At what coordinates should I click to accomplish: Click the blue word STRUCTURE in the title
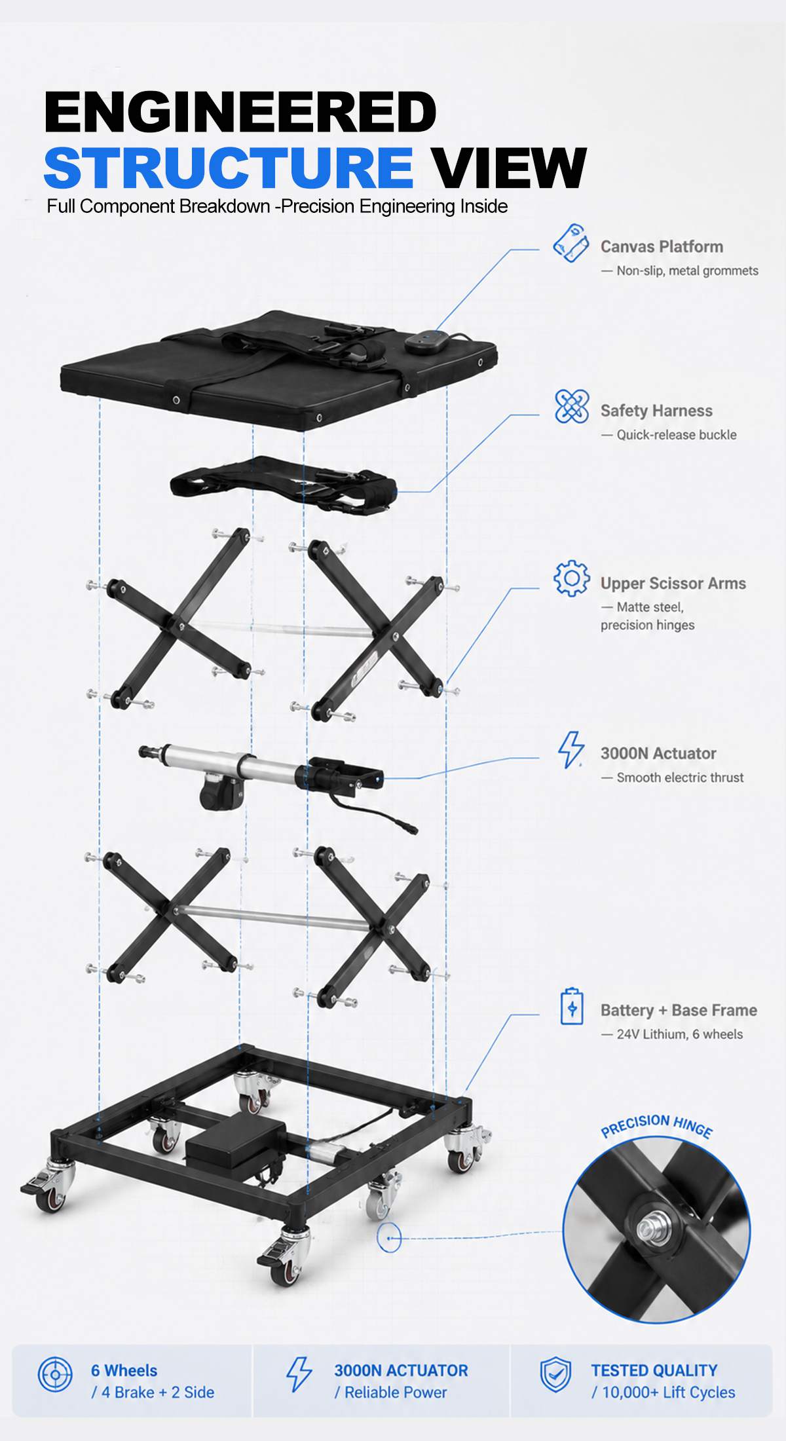click(x=228, y=167)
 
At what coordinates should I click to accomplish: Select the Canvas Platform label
click(x=662, y=247)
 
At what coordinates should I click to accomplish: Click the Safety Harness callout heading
click(x=656, y=411)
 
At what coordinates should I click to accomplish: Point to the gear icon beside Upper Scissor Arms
click(x=571, y=578)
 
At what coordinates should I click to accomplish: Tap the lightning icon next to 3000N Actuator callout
click(x=571, y=750)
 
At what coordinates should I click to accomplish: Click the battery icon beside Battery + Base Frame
click(x=572, y=1007)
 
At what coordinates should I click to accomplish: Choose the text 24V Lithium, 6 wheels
click(x=680, y=1034)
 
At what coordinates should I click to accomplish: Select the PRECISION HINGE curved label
click(x=656, y=1126)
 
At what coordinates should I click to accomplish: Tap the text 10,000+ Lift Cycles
click(x=668, y=1392)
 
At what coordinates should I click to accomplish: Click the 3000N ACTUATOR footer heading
click(x=401, y=1370)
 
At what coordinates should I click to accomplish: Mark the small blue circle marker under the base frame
click(x=389, y=1239)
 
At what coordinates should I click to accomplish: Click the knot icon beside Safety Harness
click(x=571, y=406)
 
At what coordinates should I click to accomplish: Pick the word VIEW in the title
click(x=508, y=167)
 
